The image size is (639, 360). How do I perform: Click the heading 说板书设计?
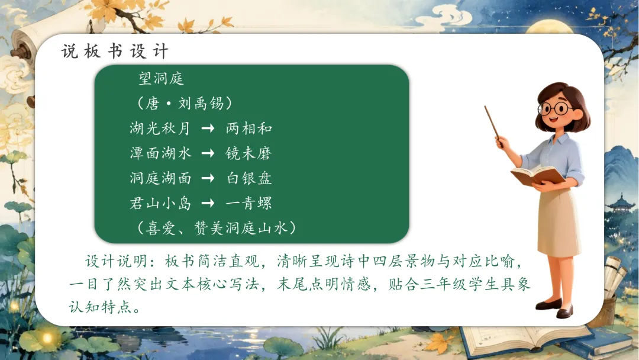point(115,52)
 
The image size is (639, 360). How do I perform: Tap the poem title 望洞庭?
point(162,78)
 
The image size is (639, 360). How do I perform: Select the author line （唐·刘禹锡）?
point(185,103)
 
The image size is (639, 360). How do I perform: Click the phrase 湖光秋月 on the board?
point(160,128)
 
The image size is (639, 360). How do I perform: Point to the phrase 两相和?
point(248,128)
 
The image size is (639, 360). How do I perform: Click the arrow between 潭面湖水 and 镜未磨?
point(208,153)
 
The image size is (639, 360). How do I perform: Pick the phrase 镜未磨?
point(248,153)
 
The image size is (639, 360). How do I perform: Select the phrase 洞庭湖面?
point(160,178)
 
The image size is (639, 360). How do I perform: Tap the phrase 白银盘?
point(249,178)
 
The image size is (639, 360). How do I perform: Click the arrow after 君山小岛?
point(208,203)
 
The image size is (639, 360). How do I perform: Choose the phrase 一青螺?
point(248,203)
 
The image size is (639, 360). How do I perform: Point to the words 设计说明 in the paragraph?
point(116,261)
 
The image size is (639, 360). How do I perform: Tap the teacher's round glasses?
point(556,108)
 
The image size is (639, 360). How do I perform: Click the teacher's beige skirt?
point(559,222)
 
